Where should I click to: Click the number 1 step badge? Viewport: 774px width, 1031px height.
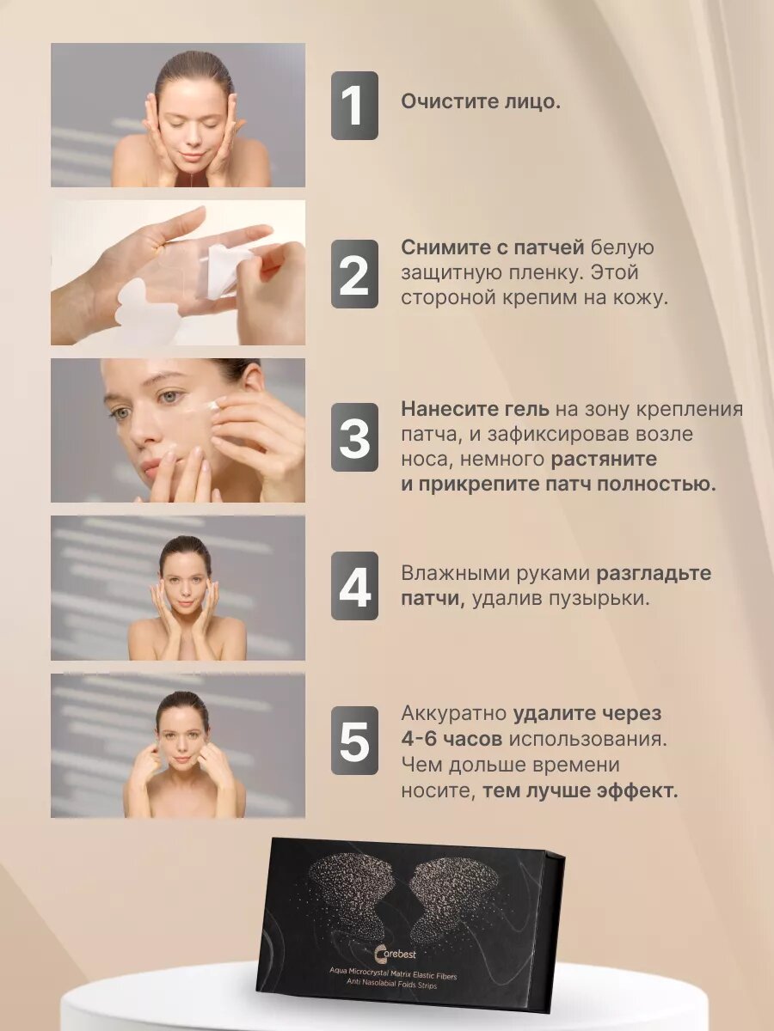(x=354, y=106)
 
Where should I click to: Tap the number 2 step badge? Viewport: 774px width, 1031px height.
(x=354, y=273)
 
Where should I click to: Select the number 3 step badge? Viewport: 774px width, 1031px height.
(x=354, y=436)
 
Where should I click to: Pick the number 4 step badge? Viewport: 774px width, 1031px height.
(x=354, y=586)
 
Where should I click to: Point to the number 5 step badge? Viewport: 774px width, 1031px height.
(x=354, y=741)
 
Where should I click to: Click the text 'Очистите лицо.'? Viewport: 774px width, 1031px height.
(x=480, y=101)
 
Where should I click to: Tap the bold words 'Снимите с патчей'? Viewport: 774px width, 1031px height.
(x=492, y=247)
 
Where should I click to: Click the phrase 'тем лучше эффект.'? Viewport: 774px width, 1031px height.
(x=580, y=790)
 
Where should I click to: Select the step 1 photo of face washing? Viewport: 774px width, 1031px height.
(x=178, y=115)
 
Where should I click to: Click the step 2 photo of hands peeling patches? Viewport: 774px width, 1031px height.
(x=178, y=273)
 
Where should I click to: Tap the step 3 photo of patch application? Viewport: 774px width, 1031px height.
(x=178, y=430)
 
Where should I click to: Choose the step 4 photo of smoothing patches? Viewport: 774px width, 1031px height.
(x=178, y=588)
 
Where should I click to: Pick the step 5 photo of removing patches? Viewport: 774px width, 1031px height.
(x=178, y=746)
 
